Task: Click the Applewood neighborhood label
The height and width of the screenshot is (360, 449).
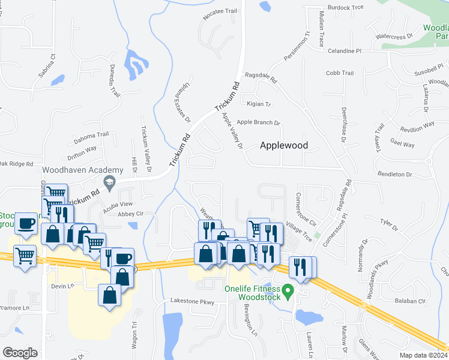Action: pos(284,145)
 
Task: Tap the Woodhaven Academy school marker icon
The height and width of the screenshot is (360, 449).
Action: pos(109,182)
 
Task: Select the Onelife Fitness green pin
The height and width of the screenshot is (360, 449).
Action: pos(288,293)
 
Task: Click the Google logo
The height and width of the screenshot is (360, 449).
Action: pos(20,352)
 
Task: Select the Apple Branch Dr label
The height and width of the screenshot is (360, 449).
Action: pos(259,122)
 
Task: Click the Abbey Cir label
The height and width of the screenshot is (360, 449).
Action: pos(131,214)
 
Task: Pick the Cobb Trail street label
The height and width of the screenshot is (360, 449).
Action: pos(340,73)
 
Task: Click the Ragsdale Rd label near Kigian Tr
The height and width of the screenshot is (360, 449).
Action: pos(261,79)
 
